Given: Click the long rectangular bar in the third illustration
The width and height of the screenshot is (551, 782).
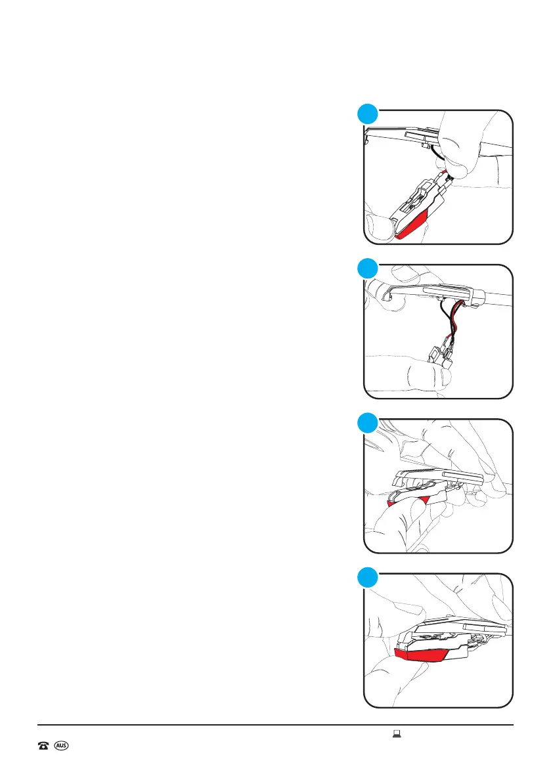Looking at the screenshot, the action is click(x=463, y=475).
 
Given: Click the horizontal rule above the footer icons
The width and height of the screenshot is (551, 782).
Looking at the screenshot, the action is click(x=275, y=725).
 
